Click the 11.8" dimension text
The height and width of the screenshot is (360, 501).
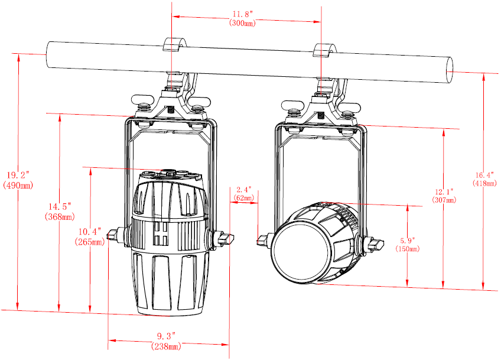pyautogui.click(x=242, y=14)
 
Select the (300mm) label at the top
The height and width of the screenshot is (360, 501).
pyautogui.click(x=242, y=23)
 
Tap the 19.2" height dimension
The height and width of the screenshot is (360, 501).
pyautogui.click(x=18, y=175)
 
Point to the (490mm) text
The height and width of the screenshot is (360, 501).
pyautogui.click(x=18, y=185)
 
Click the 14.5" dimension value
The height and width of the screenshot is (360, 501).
pyautogui.click(x=60, y=206)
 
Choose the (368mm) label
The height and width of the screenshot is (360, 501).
pyautogui.click(x=60, y=216)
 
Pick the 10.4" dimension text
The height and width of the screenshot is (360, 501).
pyautogui.click(x=90, y=231)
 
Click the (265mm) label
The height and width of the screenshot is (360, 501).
pyautogui.click(x=90, y=242)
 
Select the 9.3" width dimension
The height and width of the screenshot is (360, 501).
pyautogui.click(x=167, y=336)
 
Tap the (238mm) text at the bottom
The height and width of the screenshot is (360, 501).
pyautogui.click(x=167, y=346)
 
